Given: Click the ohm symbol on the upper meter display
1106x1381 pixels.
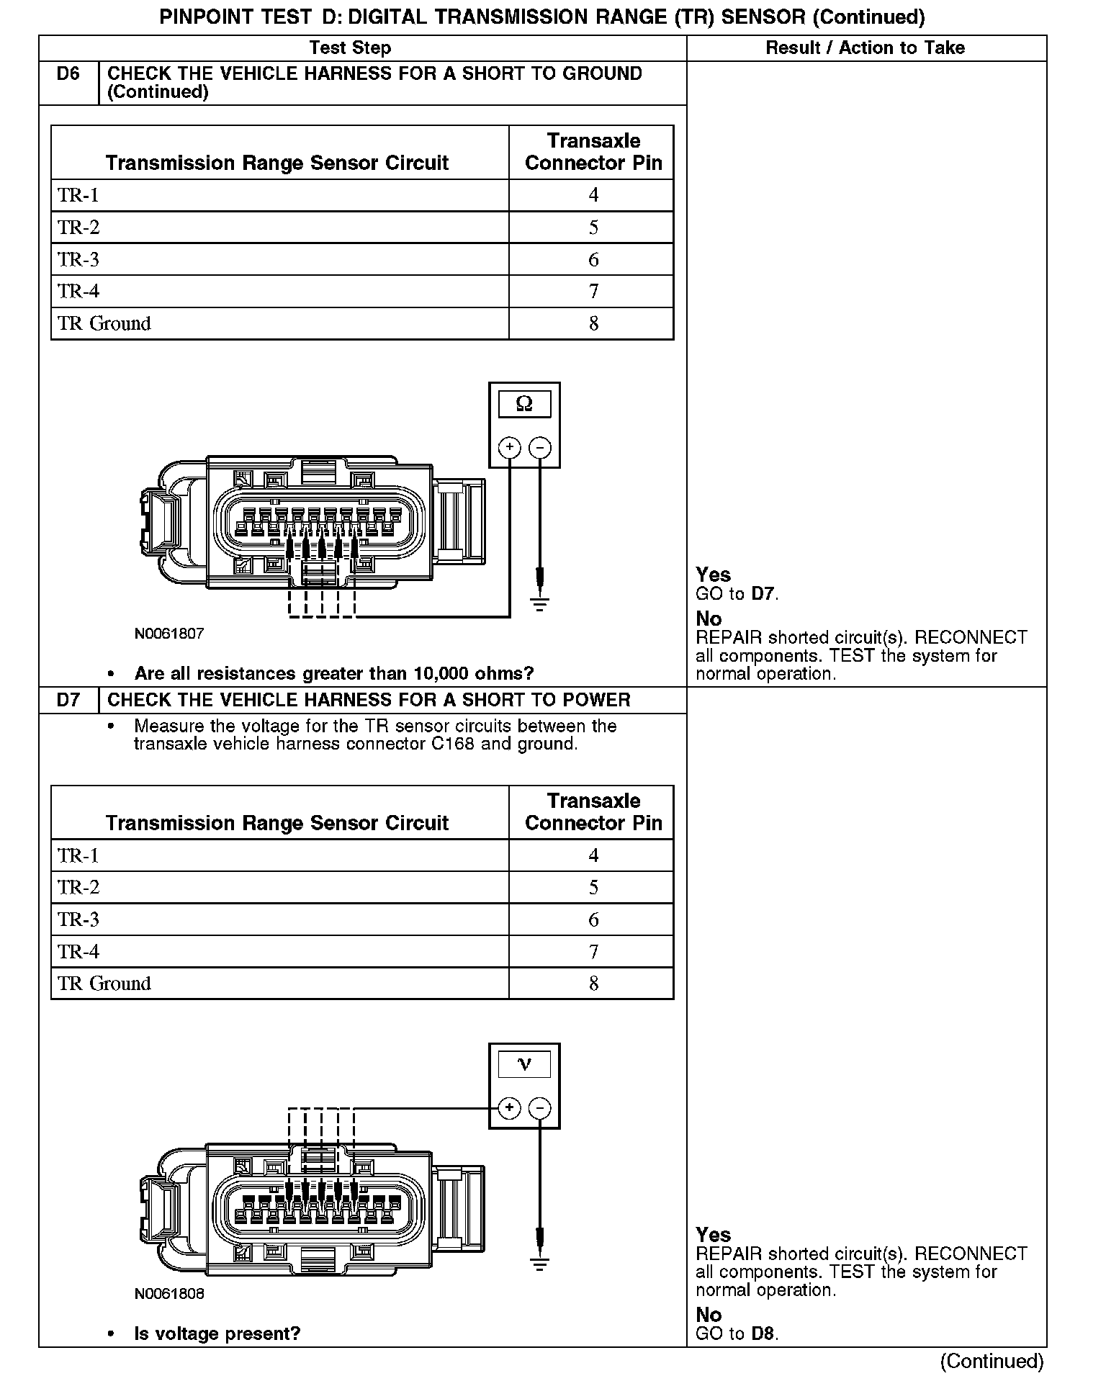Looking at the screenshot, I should (524, 404).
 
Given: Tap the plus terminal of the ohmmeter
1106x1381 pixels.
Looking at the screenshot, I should (510, 448).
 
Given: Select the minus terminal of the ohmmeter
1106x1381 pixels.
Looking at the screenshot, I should (540, 448).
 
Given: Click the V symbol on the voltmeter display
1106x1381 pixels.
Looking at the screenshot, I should (524, 1064).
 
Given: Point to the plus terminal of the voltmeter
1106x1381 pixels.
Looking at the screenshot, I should (510, 1107).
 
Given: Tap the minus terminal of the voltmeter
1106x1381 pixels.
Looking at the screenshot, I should (540, 1107).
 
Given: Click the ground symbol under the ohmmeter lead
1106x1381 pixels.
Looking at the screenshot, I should (540, 604).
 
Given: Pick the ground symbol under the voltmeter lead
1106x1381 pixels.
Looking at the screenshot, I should (540, 1264).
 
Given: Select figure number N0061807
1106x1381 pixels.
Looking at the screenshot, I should (169, 634).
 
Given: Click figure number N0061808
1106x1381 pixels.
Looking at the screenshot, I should (169, 1294).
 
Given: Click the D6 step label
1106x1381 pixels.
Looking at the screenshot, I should (68, 74).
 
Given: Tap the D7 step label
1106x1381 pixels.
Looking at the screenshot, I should (68, 700).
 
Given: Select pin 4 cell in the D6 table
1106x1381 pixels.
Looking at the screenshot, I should (593, 195).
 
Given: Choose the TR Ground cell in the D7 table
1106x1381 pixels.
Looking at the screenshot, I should (104, 984).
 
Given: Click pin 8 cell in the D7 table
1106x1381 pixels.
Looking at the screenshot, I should (593, 984).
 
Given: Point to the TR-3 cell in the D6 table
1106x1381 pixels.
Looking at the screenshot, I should (78, 259).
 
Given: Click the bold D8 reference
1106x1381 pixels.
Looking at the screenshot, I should (763, 1333).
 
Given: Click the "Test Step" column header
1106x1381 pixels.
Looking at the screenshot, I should (350, 48).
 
